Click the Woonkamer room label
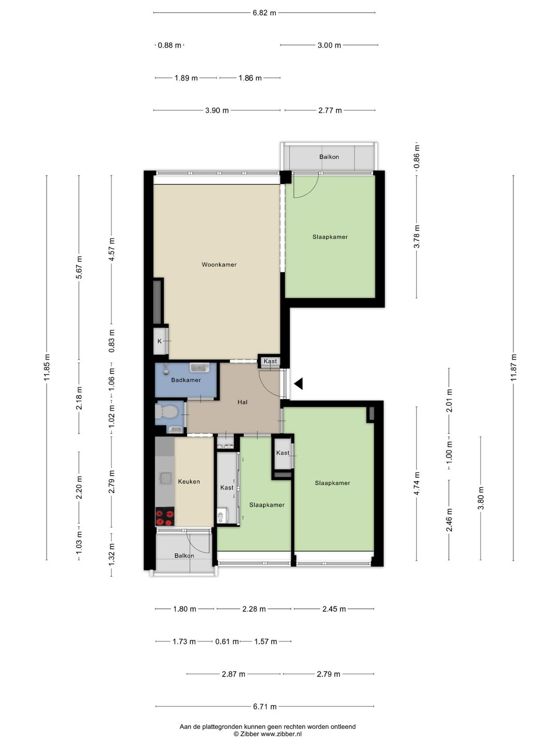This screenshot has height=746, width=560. [x=219, y=264]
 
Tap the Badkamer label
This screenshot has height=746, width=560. [x=186, y=380]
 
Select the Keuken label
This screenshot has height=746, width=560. [x=189, y=481]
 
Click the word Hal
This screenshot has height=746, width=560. [x=243, y=402]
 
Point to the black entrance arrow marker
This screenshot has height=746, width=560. [x=299, y=384]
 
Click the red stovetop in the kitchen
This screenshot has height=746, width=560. [x=165, y=517]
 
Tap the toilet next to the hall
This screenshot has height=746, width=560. [x=166, y=411]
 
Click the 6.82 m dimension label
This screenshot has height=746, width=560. [x=264, y=13]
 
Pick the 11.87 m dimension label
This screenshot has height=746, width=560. [x=513, y=367]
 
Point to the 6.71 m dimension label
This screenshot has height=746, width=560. [x=264, y=707]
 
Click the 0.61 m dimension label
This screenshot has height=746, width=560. [x=227, y=641]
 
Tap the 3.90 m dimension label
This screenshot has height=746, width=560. [x=217, y=110]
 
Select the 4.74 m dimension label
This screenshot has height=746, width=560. [x=417, y=484]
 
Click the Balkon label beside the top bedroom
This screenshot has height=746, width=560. [x=329, y=156]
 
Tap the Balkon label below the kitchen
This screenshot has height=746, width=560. [x=184, y=555]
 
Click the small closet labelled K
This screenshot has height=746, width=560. [x=161, y=341]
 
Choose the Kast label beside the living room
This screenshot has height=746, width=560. [x=270, y=361]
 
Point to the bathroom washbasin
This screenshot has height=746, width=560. [x=199, y=367]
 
